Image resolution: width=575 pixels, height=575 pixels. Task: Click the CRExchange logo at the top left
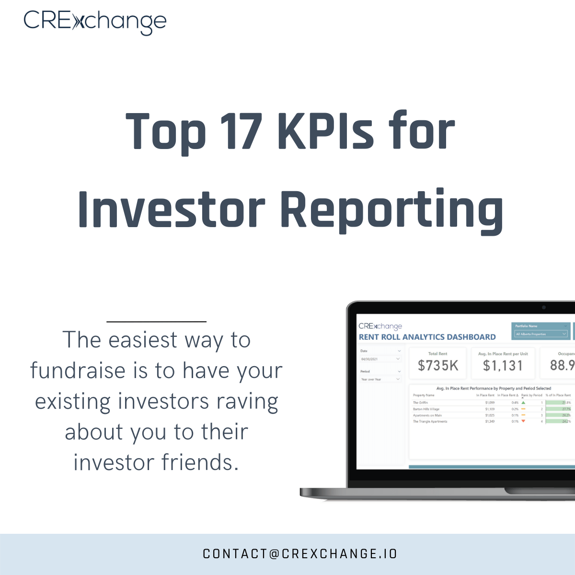coord(95,22)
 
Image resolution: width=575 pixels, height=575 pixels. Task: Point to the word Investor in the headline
coord(172,210)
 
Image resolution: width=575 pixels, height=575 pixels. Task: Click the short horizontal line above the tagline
coord(156,322)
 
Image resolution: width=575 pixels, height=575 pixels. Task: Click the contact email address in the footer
coord(300,554)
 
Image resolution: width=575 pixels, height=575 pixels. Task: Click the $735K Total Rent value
coord(438,366)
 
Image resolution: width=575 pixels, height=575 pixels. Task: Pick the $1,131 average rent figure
coord(503,366)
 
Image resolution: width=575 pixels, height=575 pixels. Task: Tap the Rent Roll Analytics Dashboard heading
coord(427,337)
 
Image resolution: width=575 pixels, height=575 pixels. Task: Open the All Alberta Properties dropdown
coord(541,334)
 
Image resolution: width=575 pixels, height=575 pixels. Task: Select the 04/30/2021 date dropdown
coord(380,359)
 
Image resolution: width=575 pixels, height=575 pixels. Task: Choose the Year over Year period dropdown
coord(380,379)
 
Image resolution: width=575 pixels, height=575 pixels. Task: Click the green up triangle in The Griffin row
coord(523,403)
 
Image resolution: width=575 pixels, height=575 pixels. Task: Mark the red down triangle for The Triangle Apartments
coord(523,421)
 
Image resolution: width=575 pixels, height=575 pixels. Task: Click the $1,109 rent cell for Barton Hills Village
coord(490,409)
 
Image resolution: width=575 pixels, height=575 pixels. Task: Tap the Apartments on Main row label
coord(427,415)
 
